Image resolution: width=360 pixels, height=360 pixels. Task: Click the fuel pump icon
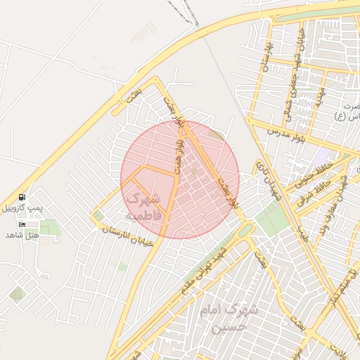coord(22,198)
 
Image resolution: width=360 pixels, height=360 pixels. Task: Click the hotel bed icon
coord(22,224)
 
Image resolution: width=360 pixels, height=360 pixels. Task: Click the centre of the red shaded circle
coord(180,179)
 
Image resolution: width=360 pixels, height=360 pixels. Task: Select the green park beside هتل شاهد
coord(49,228)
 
